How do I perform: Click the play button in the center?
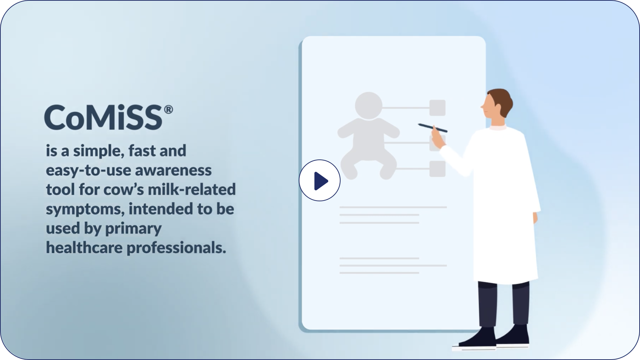pyautogui.click(x=320, y=180)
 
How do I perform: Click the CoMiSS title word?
pyautogui.click(x=104, y=117)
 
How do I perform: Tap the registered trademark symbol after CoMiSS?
pyautogui.click(x=168, y=109)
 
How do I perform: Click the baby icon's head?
pyautogui.click(x=368, y=106)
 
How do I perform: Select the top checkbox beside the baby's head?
pyautogui.click(x=437, y=108)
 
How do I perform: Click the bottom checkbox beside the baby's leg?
pyautogui.click(x=437, y=168)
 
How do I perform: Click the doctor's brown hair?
pyautogui.click(x=503, y=101)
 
